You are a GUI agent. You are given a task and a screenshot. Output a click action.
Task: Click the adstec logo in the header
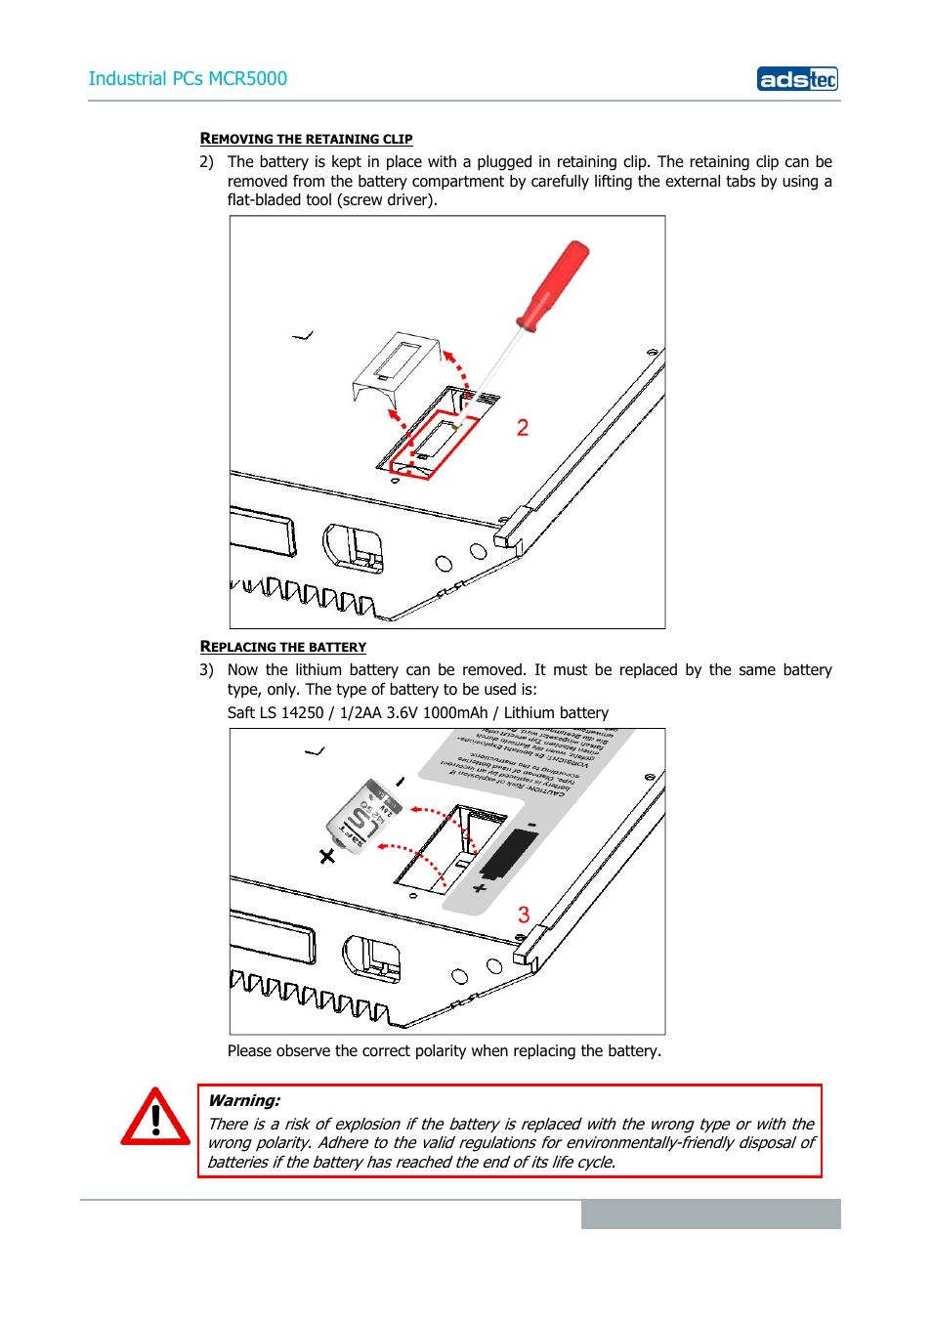click(x=797, y=79)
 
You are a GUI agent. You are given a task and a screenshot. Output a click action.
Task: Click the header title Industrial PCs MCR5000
click(x=188, y=79)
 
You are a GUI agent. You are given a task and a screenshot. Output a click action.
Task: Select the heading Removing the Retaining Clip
click(x=306, y=139)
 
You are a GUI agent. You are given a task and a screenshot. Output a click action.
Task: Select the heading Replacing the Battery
click(x=282, y=647)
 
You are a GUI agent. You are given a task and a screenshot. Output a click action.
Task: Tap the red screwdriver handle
click(x=554, y=284)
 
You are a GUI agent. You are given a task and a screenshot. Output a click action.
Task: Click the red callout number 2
click(x=523, y=428)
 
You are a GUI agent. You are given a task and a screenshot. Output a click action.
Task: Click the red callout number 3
click(x=524, y=915)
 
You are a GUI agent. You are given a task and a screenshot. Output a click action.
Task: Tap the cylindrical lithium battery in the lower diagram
click(x=362, y=817)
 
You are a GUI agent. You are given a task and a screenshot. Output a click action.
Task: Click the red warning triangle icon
click(x=155, y=1119)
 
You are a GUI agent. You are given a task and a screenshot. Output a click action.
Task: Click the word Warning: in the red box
click(x=244, y=1101)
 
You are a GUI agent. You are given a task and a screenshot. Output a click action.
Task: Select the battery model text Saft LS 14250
click(x=275, y=713)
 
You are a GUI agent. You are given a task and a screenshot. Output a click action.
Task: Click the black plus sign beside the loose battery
click(x=327, y=856)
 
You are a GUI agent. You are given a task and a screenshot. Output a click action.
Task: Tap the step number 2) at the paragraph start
click(x=206, y=162)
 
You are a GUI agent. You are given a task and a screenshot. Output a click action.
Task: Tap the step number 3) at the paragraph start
click(x=206, y=670)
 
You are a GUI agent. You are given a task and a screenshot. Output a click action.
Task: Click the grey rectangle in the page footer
click(x=710, y=1214)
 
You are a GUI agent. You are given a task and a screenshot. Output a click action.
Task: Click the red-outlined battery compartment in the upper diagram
click(x=434, y=446)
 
